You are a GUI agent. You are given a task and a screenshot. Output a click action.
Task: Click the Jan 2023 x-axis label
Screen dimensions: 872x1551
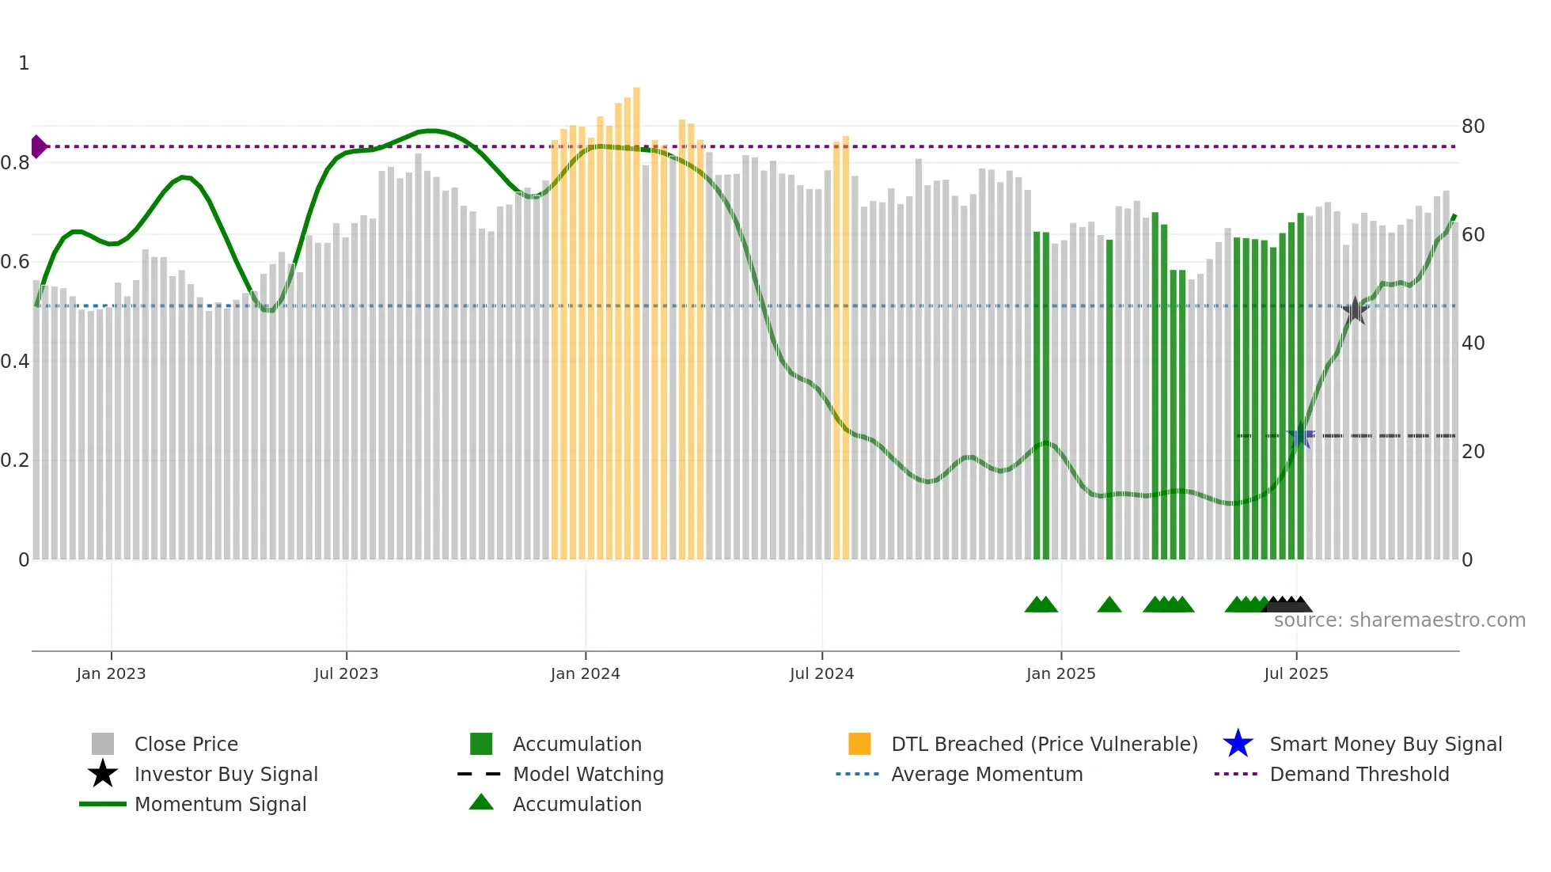click(111, 673)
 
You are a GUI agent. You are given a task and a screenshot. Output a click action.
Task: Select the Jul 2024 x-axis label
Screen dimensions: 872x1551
click(821, 673)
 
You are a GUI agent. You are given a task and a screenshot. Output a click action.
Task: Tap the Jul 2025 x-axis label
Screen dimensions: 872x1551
click(1295, 673)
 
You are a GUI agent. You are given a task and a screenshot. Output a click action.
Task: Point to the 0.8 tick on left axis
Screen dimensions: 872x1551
click(15, 163)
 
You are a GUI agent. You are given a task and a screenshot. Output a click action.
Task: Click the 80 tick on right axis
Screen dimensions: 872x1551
click(1473, 127)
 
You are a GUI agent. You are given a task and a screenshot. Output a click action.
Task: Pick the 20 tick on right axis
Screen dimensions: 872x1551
click(1473, 452)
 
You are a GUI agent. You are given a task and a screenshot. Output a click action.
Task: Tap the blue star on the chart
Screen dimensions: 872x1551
click(1300, 436)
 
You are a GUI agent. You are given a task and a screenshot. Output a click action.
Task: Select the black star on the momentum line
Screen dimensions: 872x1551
click(1355, 310)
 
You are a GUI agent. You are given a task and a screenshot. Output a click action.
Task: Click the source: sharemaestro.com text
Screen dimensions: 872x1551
click(1399, 620)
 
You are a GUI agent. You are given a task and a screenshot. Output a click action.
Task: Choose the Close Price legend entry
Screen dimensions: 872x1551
click(186, 744)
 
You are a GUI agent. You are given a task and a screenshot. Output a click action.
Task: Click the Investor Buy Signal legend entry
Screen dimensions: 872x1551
click(226, 774)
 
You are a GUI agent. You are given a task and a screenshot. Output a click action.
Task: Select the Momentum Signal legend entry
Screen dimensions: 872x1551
click(220, 804)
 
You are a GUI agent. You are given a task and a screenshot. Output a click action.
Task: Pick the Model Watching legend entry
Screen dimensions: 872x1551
click(587, 774)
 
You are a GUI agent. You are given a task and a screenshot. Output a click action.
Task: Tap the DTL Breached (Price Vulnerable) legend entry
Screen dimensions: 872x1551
click(1044, 744)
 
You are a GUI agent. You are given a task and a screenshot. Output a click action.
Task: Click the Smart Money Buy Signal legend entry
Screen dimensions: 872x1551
click(1385, 744)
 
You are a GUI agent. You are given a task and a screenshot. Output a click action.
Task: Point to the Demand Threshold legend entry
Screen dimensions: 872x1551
click(1359, 774)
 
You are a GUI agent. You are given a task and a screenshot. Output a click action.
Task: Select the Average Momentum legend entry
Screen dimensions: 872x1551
click(986, 774)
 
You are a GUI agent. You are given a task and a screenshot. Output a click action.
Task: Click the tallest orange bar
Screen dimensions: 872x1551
click(636, 317)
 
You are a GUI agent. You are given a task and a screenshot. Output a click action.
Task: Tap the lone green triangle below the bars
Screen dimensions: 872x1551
click(1109, 605)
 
